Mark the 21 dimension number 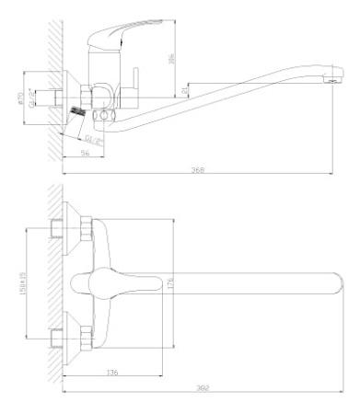(186, 90)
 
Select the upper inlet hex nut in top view (84, 229)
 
